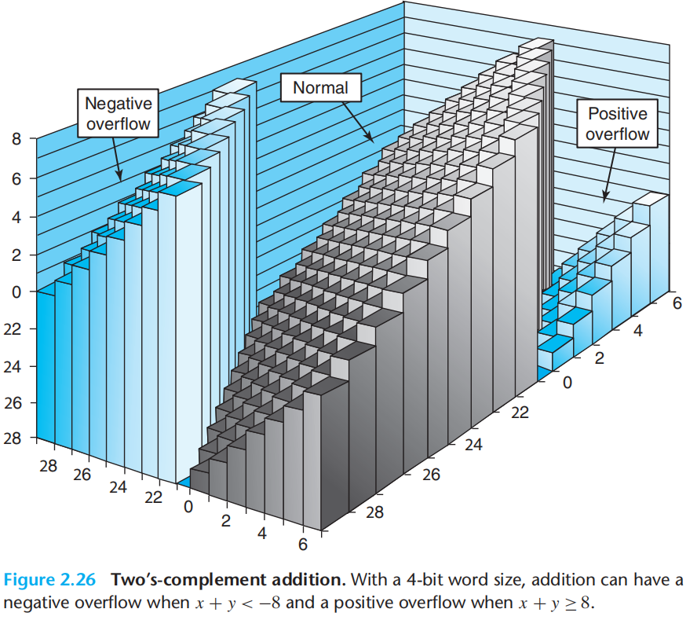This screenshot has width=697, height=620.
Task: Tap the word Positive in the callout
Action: (618, 114)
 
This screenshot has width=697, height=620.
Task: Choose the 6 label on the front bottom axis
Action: (302, 544)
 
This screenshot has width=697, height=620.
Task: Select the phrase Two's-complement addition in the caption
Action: (228, 581)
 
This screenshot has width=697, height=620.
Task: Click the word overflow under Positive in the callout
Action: (618, 134)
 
